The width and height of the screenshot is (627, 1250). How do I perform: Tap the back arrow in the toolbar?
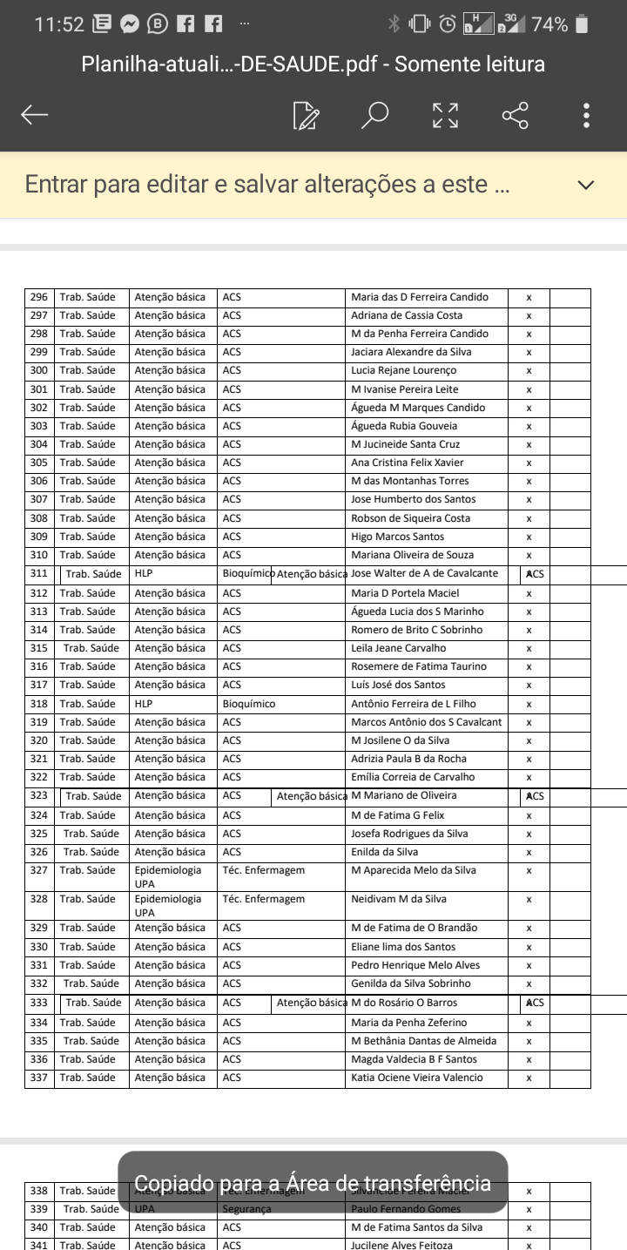click(x=35, y=115)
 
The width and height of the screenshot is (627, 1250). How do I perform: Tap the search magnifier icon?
click(x=374, y=115)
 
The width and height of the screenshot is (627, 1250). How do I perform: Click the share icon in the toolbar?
click(x=515, y=115)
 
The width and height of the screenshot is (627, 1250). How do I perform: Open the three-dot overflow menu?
click(x=587, y=115)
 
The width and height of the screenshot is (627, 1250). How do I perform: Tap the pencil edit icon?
click(x=306, y=115)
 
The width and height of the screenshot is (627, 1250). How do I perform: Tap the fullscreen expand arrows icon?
click(x=445, y=115)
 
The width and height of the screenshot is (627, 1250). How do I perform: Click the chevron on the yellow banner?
click(x=586, y=185)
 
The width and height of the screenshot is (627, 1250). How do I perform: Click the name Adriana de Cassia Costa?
click(x=406, y=315)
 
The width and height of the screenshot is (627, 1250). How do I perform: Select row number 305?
click(x=39, y=463)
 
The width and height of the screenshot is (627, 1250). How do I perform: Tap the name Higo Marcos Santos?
click(x=397, y=537)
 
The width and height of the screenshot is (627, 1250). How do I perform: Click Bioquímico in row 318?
click(x=249, y=704)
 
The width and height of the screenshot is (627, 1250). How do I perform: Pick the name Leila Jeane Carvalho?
click(x=398, y=648)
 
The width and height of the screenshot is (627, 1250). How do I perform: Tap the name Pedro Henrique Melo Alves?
click(x=415, y=965)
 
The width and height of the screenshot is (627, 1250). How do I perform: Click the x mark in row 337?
click(x=529, y=1078)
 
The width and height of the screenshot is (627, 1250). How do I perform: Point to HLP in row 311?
click(x=144, y=574)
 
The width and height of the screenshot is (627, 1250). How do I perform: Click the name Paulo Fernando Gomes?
click(x=406, y=1209)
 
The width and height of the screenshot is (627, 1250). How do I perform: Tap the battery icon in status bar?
click(x=581, y=24)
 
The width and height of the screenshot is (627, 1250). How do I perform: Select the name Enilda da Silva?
click(x=384, y=852)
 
